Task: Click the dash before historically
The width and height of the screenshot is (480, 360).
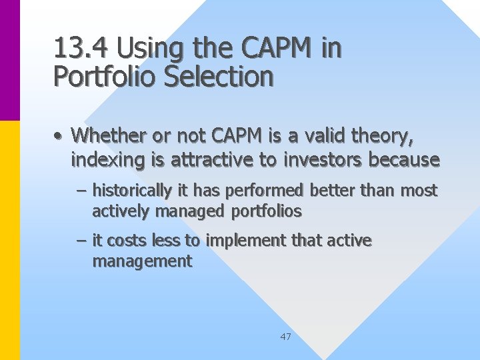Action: (81, 191)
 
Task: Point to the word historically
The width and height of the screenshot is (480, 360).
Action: (131, 191)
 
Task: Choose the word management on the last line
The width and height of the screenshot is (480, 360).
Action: (141, 261)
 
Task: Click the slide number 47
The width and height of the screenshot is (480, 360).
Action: (285, 337)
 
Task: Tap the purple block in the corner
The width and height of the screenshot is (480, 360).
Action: (10, 60)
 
